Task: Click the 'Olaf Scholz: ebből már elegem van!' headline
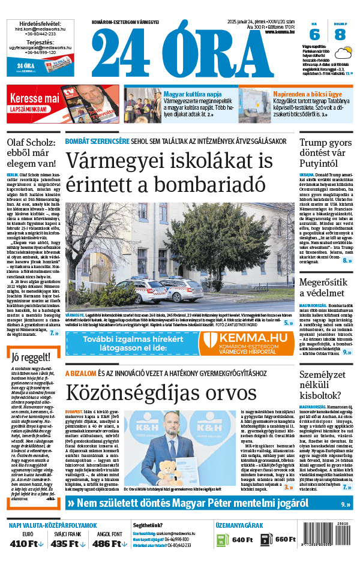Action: pos(31,152)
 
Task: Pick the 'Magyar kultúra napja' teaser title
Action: pos(193,94)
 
